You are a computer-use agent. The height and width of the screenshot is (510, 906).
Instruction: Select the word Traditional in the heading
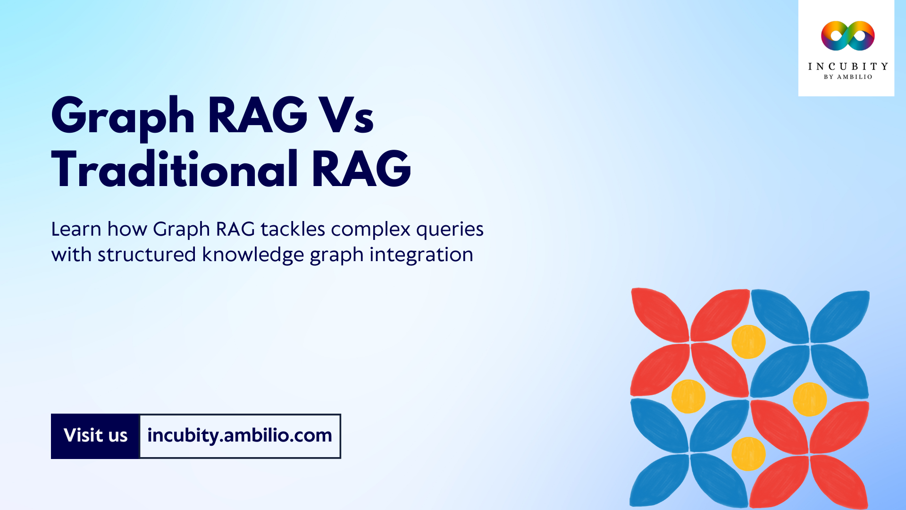(x=175, y=169)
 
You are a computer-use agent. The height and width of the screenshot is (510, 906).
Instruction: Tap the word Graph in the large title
(x=123, y=116)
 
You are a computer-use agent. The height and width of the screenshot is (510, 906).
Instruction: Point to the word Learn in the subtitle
(x=76, y=229)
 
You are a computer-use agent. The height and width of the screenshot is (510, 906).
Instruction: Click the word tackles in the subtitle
(x=293, y=229)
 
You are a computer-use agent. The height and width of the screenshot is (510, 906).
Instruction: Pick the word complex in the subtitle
(x=370, y=229)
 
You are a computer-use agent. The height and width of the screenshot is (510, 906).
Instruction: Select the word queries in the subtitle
(x=450, y=230)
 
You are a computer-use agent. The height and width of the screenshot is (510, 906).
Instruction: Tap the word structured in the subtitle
(x=146, y=255)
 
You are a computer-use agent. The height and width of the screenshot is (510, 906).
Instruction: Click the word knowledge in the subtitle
(x=253, y=255)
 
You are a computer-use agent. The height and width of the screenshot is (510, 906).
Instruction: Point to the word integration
(x=421, y=255)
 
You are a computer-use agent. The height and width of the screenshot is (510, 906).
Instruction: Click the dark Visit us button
(x=95, y=436)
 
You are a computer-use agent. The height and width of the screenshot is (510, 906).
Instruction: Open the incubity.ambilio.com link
(x=240, y=436)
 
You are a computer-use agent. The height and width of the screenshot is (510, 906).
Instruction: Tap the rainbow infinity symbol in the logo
(x=847, y=36)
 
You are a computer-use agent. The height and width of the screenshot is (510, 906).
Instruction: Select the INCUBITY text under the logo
(x=847, y=67)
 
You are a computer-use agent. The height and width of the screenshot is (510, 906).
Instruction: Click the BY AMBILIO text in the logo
(x=847, y=77)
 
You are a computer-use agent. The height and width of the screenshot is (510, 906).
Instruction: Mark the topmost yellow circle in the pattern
(x=748, y=341)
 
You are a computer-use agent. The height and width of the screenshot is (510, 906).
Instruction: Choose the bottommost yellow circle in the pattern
(x=748, y=454)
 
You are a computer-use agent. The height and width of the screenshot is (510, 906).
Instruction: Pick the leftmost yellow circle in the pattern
(x=688, y=396)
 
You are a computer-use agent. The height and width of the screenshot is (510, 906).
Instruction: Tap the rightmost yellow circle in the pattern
(x=809, y=399)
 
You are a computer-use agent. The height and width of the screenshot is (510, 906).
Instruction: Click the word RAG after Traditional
(x=361, y=169)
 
